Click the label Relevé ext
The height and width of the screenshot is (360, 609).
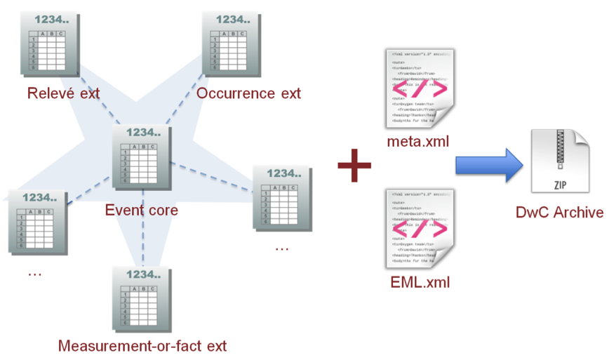[63, 93]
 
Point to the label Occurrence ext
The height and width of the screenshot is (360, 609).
[248, 93]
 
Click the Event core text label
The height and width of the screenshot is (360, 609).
[141, 210]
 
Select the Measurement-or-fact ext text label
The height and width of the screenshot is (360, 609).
[142, 345]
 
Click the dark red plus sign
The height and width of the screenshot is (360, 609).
[354, 166]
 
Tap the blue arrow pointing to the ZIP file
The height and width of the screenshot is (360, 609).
[490, 166]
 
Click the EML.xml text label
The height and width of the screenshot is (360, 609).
[420, 283]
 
